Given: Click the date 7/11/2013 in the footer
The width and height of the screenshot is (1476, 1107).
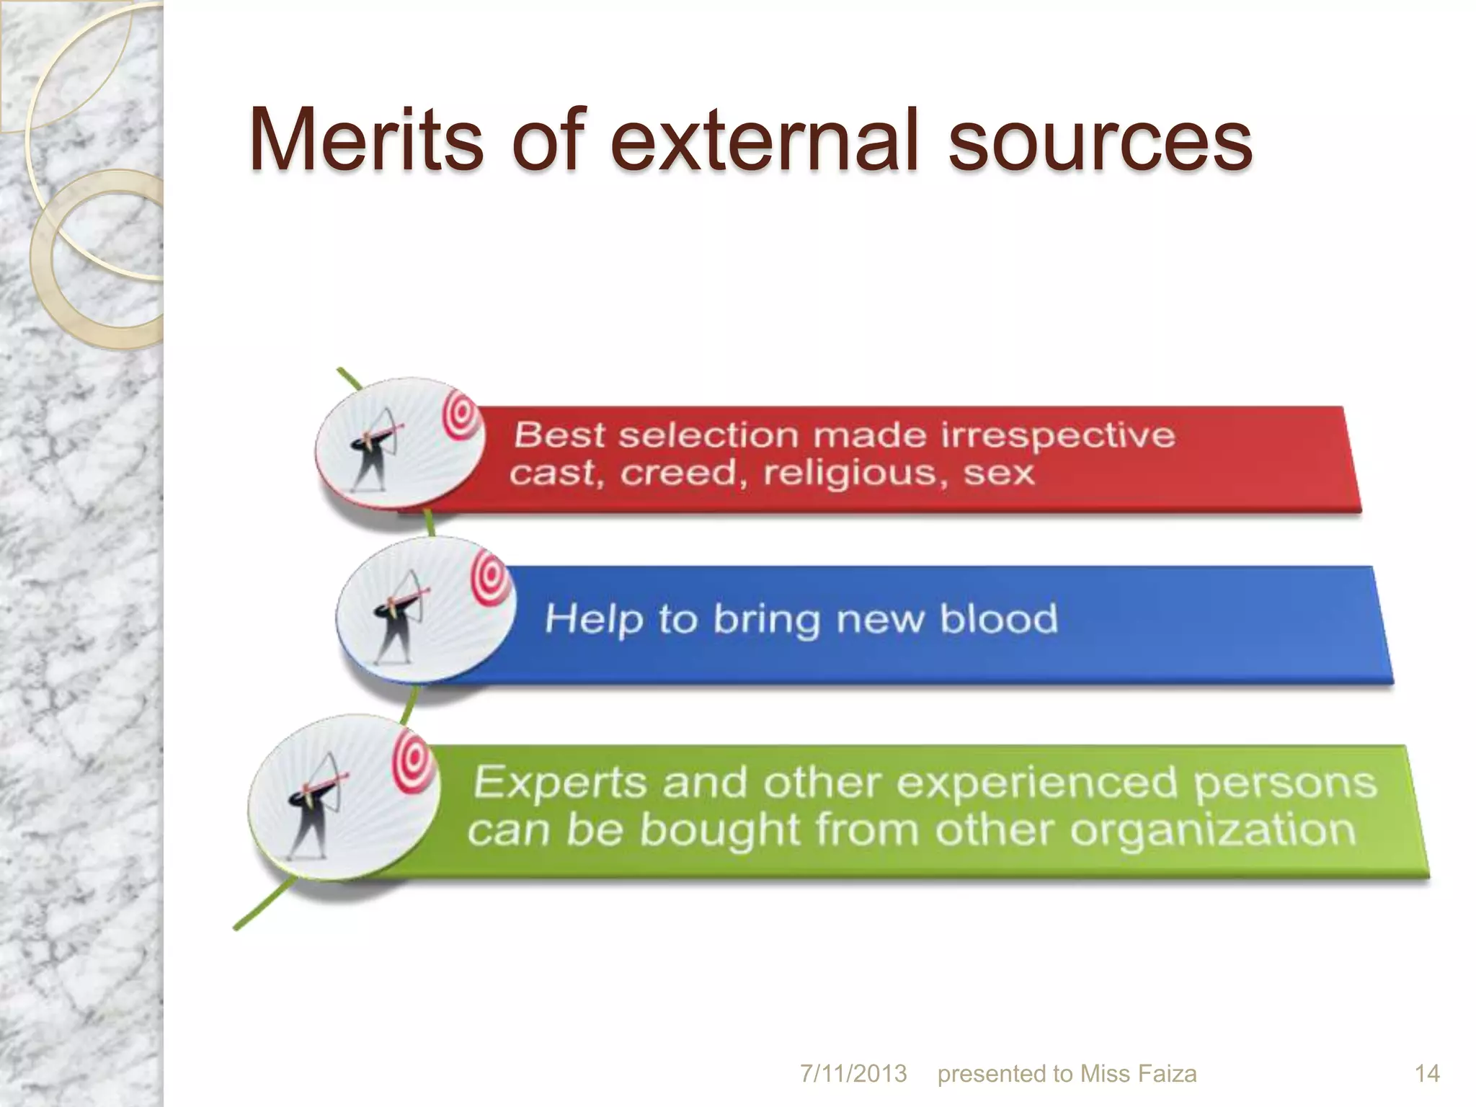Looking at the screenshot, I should point(853,1074).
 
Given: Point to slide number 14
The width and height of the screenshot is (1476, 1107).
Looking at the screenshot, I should point(1427,1074).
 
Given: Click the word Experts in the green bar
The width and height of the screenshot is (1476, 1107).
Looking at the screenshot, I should point(559,783).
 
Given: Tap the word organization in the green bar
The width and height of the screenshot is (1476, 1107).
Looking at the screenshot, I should point(1212,830).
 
